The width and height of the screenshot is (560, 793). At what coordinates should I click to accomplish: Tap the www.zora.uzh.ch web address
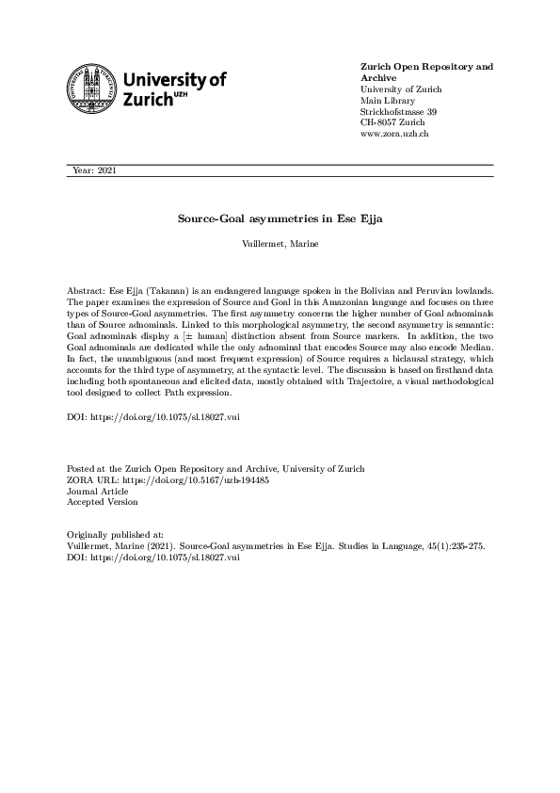point(395,135)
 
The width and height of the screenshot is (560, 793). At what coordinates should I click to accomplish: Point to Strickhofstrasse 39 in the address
point(398,112)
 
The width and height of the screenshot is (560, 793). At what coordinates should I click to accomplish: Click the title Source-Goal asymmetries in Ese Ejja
point(280,218)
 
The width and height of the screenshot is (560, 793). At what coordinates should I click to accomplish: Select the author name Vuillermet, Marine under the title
point(280,244)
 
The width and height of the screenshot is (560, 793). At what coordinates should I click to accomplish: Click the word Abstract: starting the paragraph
point(87,293)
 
